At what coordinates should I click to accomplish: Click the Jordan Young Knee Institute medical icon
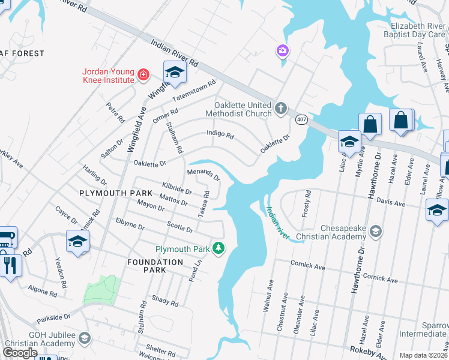pyautogui.click(x=143, y=75)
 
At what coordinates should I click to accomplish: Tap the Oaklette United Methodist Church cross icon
pyautogui.click(x=281, y=109)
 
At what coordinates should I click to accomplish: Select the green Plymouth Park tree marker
pyautogui.click(x=220, y=248)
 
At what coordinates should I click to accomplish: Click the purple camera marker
pyautogui.click(x=282, y=51)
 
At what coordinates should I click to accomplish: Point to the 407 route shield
pyautogui.click(x=301, y=120)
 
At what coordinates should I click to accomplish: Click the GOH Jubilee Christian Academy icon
pyautogui.click(x=85, y=339)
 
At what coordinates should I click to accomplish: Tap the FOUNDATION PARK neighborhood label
pyautogui.click(x=155, y=266)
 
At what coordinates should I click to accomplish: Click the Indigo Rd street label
pyautogui.click(x=220, y=134)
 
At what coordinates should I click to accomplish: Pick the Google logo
pyautogui.click(x=20, y=353)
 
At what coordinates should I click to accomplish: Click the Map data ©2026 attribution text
pyautogui.click(x=423, y=355)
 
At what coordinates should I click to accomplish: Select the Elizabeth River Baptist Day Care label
pyautogui.click(x=418, y=31)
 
